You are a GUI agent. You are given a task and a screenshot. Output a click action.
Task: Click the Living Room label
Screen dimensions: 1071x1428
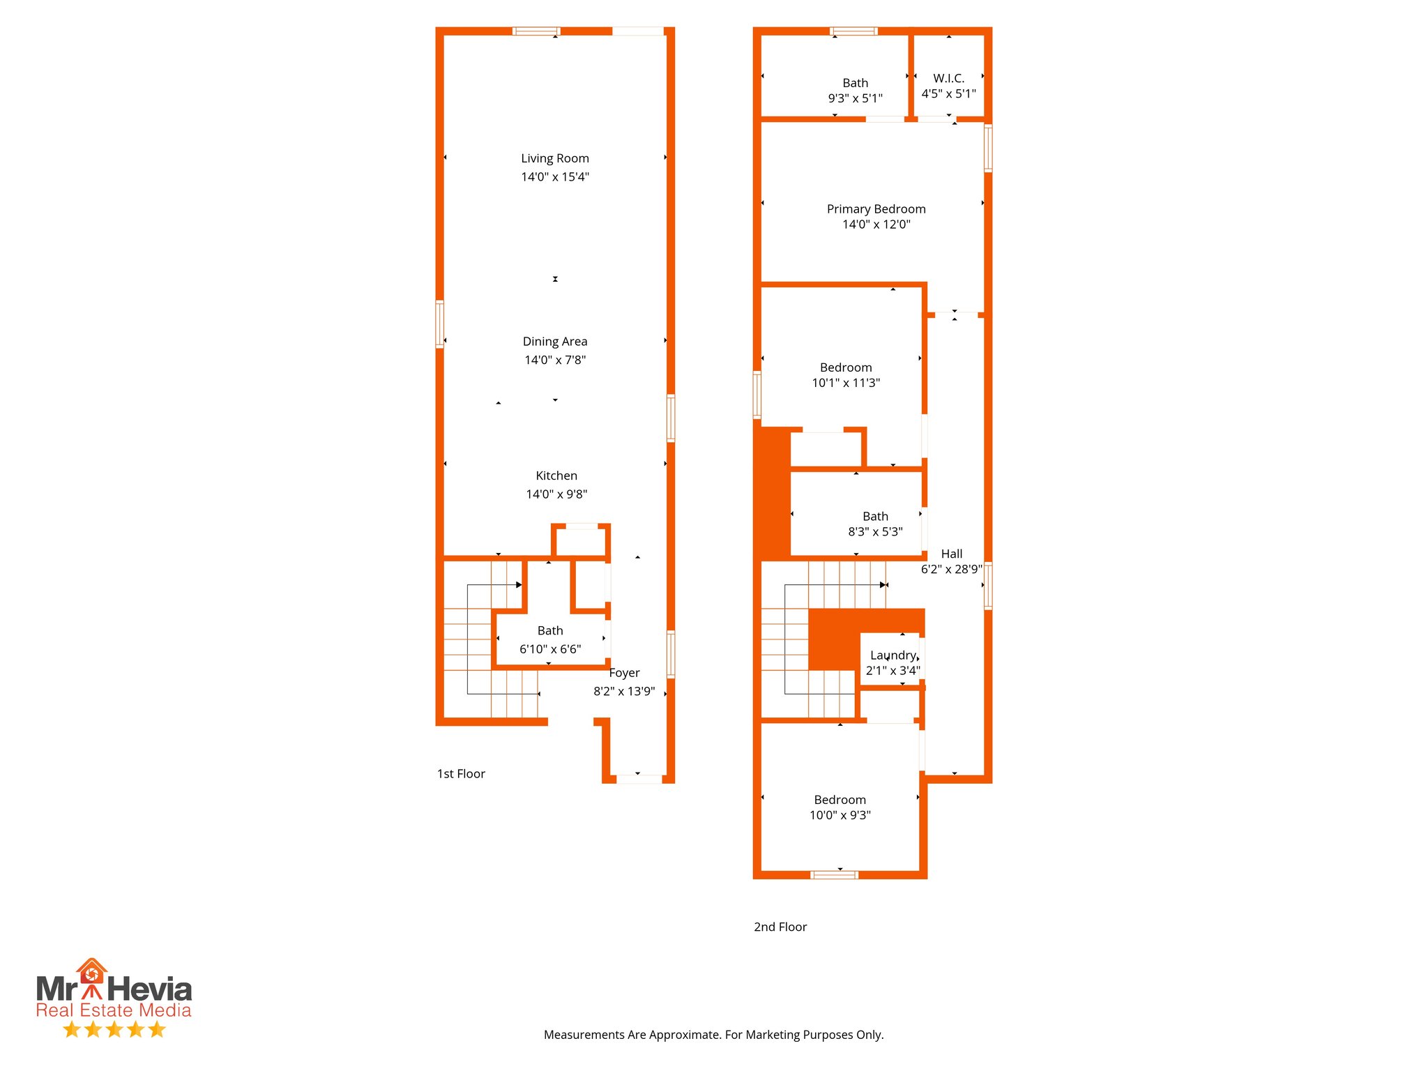(x=555, y=158)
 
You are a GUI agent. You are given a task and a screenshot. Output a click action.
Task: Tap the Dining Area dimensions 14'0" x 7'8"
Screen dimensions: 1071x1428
(x=555, y=360)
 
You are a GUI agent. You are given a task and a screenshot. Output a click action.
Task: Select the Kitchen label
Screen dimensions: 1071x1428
(x=556, y=476)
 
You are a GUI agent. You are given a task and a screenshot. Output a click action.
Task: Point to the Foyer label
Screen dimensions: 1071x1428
(x=624, y=673)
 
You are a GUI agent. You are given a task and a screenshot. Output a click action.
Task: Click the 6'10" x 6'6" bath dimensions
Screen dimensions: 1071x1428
(x=550, y=649)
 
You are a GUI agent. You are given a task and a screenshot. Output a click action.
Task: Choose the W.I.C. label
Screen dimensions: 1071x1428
(x=948, y=78)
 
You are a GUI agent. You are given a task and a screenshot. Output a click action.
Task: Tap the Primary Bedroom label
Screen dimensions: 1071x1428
(x=876, y=209)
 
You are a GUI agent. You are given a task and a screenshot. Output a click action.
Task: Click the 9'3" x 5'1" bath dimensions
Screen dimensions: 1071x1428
(x=855, y=98)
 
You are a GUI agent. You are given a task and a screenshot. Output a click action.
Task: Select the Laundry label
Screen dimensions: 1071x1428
(x=892, y=655)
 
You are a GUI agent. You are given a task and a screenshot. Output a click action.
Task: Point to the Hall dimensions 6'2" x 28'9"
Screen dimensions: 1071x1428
(x=951, y=569)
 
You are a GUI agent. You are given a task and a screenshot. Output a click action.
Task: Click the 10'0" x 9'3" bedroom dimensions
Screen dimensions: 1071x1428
(x=840, y=815)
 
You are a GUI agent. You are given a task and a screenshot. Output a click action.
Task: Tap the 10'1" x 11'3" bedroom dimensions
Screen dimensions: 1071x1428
(x=846, y=383)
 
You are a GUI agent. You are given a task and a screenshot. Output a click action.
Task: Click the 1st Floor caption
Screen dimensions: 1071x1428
(x=461, y=774)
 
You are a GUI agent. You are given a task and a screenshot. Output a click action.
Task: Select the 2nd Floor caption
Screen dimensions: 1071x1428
(x=780, y=927)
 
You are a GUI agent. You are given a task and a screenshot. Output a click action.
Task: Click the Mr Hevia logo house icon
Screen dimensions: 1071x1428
(x=91, y=971)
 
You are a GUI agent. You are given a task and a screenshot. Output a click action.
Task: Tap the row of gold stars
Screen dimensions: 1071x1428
(x=114, y=1029)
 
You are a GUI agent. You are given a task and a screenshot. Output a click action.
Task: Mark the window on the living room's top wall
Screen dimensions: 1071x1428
(x=535, y=31)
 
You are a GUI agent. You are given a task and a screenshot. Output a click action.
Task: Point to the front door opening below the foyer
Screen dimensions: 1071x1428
(x=639, y=779)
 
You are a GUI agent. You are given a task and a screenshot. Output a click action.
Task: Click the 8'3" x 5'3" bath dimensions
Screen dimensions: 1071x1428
(x=875, y=532)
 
